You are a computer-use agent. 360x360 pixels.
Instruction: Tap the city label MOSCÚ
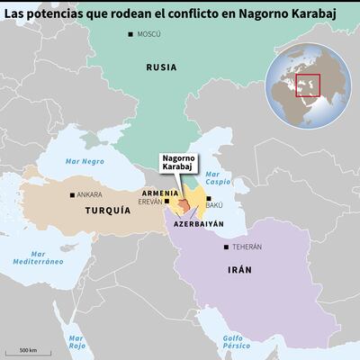[x=148, y=33]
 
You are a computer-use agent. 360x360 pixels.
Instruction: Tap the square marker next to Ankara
[x=73, y=193]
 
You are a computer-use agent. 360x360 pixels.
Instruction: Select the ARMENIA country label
[x=161, y=193]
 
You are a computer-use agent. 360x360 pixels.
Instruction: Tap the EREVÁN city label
[x=150, y=202]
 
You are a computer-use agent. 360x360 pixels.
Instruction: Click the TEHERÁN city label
[x=247, y=247]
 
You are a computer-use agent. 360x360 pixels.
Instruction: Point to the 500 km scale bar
[x=28, y=351]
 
